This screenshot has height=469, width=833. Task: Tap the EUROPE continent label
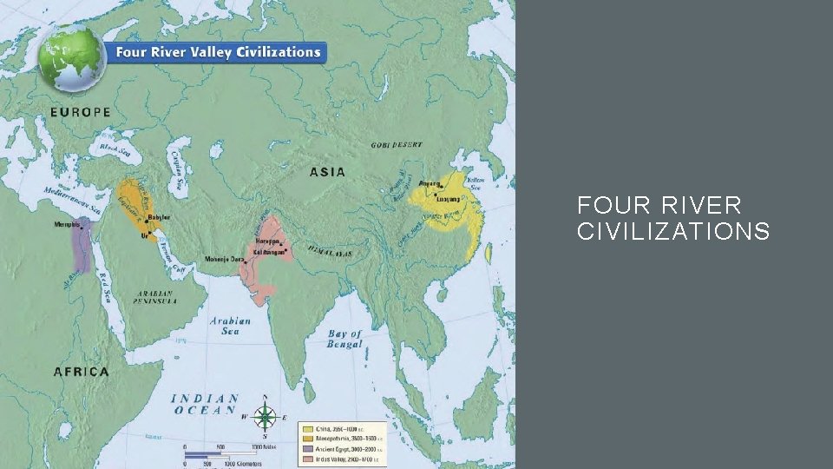tap(80, 112)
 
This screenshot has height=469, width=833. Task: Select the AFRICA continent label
tap(82, 372)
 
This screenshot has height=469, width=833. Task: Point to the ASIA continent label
tap(327, 172)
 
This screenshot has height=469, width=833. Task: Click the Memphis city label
tap(68, 225)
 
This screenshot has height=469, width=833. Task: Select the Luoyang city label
tap(460, 199)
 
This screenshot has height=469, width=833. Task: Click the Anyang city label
tap(430, 183)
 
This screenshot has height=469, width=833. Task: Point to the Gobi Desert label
tap(397, 144)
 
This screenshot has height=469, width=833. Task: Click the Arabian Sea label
tap(230, 326)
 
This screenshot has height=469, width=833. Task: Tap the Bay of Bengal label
tap(344, 339)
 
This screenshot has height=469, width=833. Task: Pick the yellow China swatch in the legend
tap(307, 428)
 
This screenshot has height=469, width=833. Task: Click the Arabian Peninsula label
tap(156, 297)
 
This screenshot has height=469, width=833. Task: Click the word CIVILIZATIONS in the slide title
tap(672, 231)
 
